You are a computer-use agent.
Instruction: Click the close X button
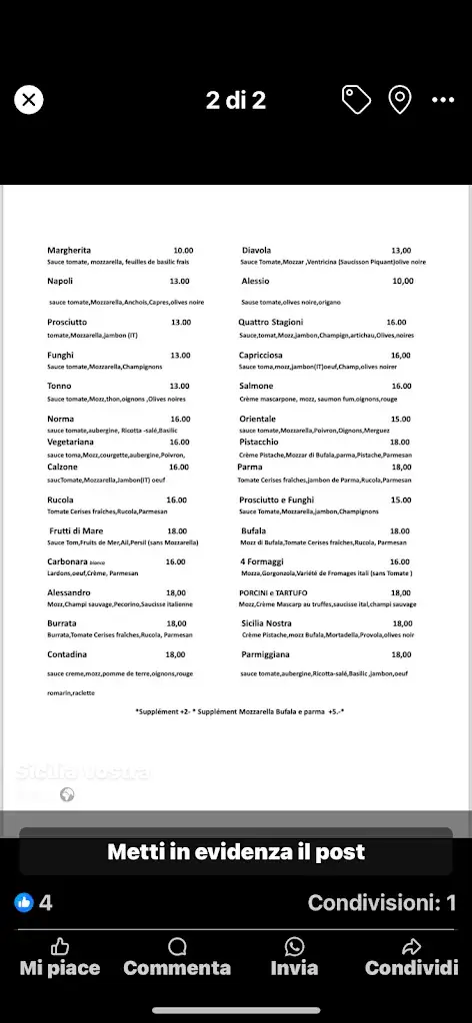point(29,99)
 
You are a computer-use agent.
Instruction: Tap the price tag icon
point(356,99)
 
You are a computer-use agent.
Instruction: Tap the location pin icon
point(400,99)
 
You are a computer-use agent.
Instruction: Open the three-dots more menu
point(443,100)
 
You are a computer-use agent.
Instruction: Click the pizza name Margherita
point(69,250)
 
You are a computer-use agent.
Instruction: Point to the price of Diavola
point(401,251)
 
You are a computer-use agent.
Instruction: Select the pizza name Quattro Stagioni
point(270,322)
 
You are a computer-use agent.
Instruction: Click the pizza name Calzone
point(62,467)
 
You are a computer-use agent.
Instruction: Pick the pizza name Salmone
point(256,386)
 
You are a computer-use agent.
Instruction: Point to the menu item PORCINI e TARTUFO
point(274,592)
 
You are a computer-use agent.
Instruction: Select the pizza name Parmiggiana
point(267,654)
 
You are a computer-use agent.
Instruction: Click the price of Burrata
point(175,623)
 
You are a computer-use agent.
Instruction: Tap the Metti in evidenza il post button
point(236,852)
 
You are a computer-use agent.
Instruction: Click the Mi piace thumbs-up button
point(60,957)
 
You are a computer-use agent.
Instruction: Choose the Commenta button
point(177,957)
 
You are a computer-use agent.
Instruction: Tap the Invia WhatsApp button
point(294,957)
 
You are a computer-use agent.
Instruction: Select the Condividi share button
point(411,957)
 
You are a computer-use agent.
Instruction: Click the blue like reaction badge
point(24,902)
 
